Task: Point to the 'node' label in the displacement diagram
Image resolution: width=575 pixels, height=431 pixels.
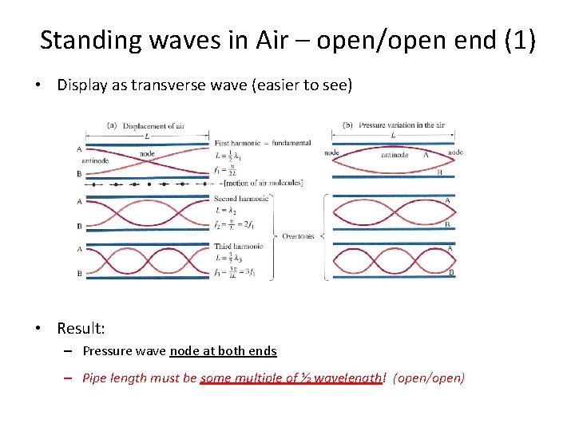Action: pos(147,154)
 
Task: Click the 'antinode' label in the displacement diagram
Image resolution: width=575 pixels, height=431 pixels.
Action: pos(96,160)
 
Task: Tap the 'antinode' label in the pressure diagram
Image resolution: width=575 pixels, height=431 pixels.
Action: pos(395,155)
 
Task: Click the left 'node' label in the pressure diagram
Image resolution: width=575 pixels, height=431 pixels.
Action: pos(331,152)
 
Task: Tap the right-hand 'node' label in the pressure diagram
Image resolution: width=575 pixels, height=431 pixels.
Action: pos(455,152)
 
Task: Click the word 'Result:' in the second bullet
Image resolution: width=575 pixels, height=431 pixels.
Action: pos(81,328)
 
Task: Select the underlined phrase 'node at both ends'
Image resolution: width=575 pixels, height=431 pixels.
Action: pos(223,350)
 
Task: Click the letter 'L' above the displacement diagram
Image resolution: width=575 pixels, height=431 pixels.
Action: pos(145,135)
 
